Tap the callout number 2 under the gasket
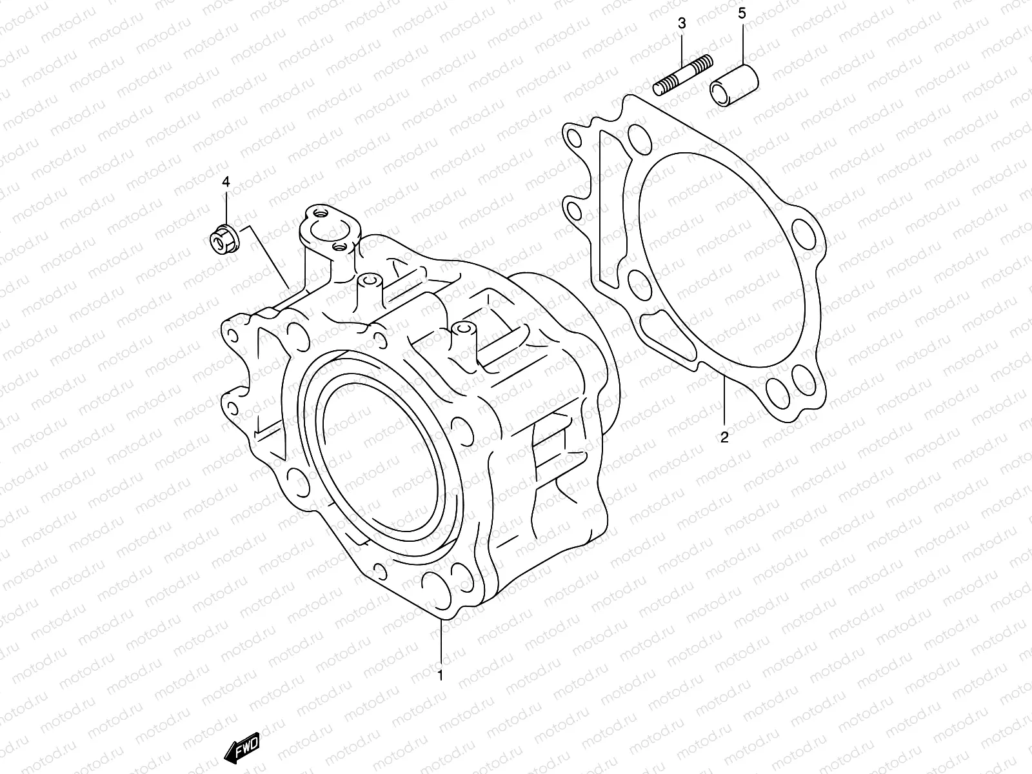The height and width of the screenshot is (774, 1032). (724, 438)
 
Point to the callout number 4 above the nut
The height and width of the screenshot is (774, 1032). (226, 182)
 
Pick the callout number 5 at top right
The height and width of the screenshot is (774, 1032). (742, 13)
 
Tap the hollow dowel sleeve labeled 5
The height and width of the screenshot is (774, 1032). (734, 84)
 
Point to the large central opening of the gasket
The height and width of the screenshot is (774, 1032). (716, 258)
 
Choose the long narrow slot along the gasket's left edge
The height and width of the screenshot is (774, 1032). (606, 206)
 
